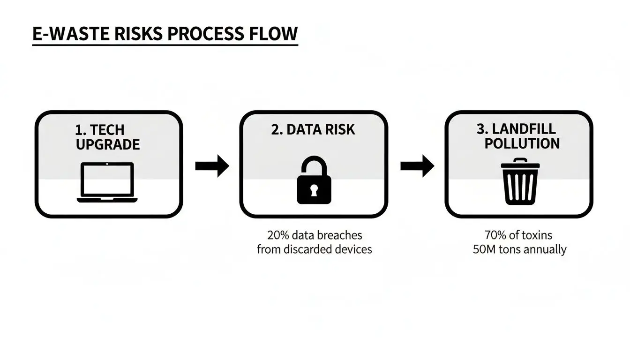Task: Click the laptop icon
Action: point(107,182)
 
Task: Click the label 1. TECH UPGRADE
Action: point(107,137)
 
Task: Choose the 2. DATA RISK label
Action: point(313,130)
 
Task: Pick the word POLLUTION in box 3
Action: point(522,143)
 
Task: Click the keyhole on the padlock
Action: point(314,190)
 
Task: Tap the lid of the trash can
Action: point(520,164)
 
